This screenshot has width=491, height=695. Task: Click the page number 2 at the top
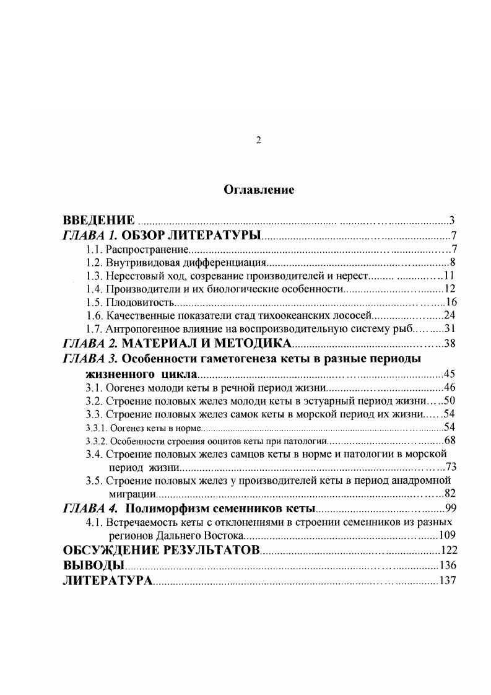pyautogui.click(x=259, y=141)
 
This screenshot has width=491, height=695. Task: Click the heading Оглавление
pyautogui.click(x=259, y=190)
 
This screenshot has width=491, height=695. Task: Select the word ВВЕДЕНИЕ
pyautogui.click(x=99, y=221)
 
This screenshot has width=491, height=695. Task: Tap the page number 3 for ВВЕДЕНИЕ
pyautogui.click(x=453, y=221)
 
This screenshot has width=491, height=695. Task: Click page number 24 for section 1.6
pyautogui.click(x=450, y=316)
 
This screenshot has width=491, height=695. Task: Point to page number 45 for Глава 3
pyautogui.click(x=450, y=374)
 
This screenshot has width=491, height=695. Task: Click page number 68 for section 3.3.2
pyautogui.click(x=450, y=440)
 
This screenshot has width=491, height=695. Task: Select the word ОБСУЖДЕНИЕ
pyautogui.click(x=115, y=550)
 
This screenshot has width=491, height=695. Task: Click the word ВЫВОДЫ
pyautogui.click(x=93, y=565)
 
